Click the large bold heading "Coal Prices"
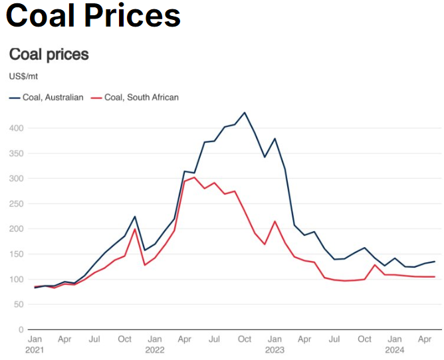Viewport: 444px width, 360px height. (93, 16)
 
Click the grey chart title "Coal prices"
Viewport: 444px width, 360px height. (49, 54)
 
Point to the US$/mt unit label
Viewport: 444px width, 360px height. (23, 76)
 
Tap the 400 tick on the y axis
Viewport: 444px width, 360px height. (17, 128)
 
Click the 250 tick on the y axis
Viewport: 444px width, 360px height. (17, 204)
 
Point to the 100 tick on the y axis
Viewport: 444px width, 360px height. (17, 280)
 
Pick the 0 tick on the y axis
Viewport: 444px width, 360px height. (22, 330)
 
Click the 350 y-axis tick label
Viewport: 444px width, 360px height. (17, 153)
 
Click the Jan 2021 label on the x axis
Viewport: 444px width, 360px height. (35, 344)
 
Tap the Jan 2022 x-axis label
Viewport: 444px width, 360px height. (155, 344)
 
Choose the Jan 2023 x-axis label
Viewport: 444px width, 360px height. (275, 344)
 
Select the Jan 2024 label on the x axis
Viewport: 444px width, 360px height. (395, 344)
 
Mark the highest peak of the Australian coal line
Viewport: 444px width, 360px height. (245, 112)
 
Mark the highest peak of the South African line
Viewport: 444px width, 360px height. (194, 177)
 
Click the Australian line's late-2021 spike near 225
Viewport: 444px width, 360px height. (135, 217)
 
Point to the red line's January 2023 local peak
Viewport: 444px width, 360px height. (275, 221)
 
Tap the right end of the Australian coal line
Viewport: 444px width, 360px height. (435, 262)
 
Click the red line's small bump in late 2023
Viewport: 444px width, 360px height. (375, 265)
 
